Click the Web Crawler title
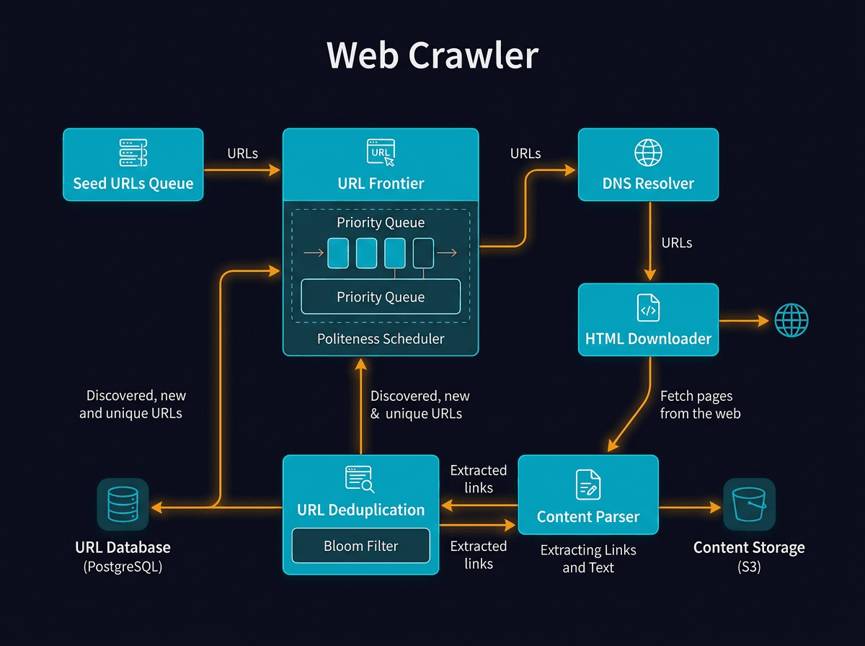tap(432, 56)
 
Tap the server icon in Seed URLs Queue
tap(133, 153)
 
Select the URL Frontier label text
tap(381, 183)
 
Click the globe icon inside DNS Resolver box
tap(648, 153)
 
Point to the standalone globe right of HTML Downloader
tap(791, 320)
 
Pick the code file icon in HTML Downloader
tap(648, 308)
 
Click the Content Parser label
tap(587, 516)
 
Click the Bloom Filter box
tap(360, 546)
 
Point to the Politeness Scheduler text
tap(381, 339)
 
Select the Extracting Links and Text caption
tap(588, 559)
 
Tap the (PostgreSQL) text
tap(123, 567)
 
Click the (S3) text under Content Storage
tap(749, 567)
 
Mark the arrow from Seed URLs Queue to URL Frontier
tap(242, 170)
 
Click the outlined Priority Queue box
tap(381, 296)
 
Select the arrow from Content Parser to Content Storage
tap(690, 508)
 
